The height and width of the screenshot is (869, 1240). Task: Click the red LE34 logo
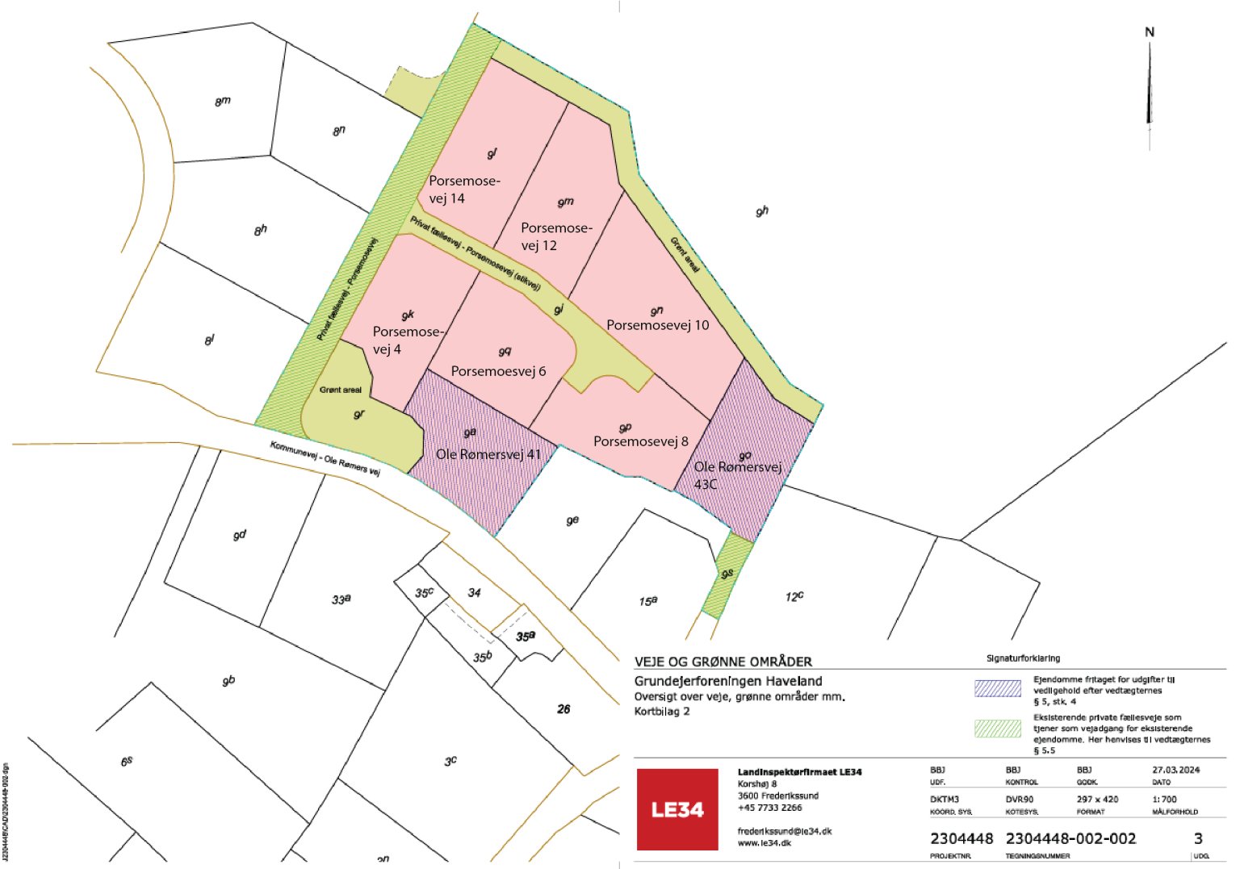click(x=677, y=808)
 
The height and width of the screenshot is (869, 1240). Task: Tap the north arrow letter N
click(x=1150, y=32)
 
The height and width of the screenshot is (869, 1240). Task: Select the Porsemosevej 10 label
click(x=657, y=325)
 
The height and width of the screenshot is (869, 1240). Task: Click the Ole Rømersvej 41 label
click(x=488, y=454)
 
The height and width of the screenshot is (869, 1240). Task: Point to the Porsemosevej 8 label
click(x=640, y=441)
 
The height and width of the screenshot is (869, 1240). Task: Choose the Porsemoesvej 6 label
click(x=498, y=371)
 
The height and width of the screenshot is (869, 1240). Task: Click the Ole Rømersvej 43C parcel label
click(x=737, y=475)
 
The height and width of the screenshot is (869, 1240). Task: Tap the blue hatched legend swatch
click(x=998, y=688)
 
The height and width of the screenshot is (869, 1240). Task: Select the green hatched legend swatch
click(x=998, y=728)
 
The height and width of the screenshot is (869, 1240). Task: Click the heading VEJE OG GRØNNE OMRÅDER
click(x=723, y=662)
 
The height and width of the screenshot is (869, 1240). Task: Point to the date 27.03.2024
click(x=1175, y=770)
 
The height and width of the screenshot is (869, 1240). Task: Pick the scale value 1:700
click(x=1164, y=800)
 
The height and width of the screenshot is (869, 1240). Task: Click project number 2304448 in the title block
click(x=961, y=839)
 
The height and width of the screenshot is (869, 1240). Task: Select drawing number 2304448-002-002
click(x=1070, y=839)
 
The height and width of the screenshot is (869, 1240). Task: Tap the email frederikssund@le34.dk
click(x=784, y=831)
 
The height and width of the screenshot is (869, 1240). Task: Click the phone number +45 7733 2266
click(x=769, y=808)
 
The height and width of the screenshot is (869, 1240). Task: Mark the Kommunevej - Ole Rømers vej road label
click(x=325, y=457)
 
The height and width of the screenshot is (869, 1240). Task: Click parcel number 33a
click(x=341, y=600)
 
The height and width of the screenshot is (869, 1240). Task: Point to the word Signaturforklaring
click(x=1023, y=658)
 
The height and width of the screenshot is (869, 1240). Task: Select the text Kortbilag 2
click(x=662, y=712)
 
